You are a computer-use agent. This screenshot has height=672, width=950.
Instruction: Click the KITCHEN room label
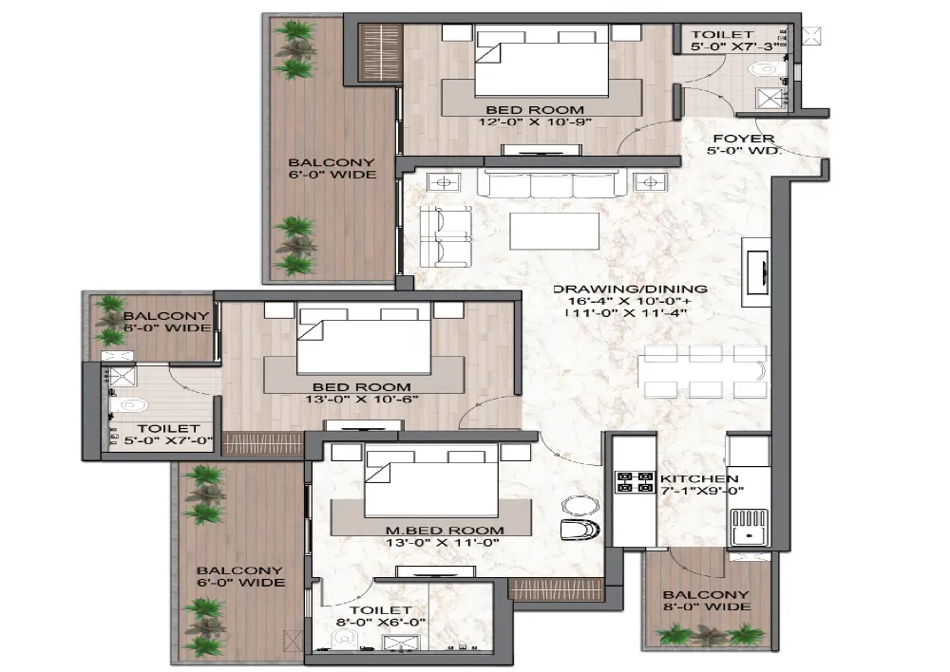pyautogui.click(x=699, y=477)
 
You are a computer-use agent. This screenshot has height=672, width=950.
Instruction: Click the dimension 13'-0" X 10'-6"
pyautogui.click(x=362, y=400)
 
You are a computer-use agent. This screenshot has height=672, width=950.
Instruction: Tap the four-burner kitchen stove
pyautogui.click(x=630, y=482)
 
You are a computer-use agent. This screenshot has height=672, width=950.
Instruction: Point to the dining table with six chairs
pyautogui.click(x=703, y=370)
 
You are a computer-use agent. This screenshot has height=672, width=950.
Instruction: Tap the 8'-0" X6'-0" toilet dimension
pyautogui.click(x=381, y=623)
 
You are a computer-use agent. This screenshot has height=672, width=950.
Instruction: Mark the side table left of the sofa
pyautogui.click(x=445, y=180)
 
